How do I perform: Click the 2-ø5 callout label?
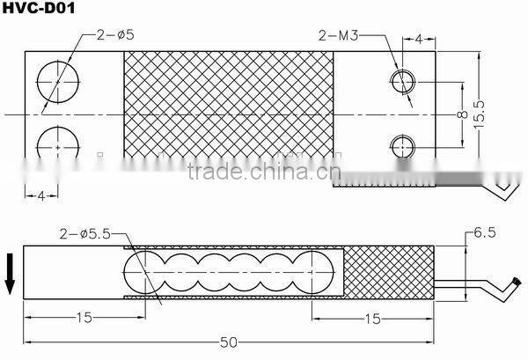pos(110,37)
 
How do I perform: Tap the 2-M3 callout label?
pos(340,37)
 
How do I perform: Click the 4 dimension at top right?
pos(419,39)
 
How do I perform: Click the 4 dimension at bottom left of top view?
pos(39,195)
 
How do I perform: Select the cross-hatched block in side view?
pos(389,272)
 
